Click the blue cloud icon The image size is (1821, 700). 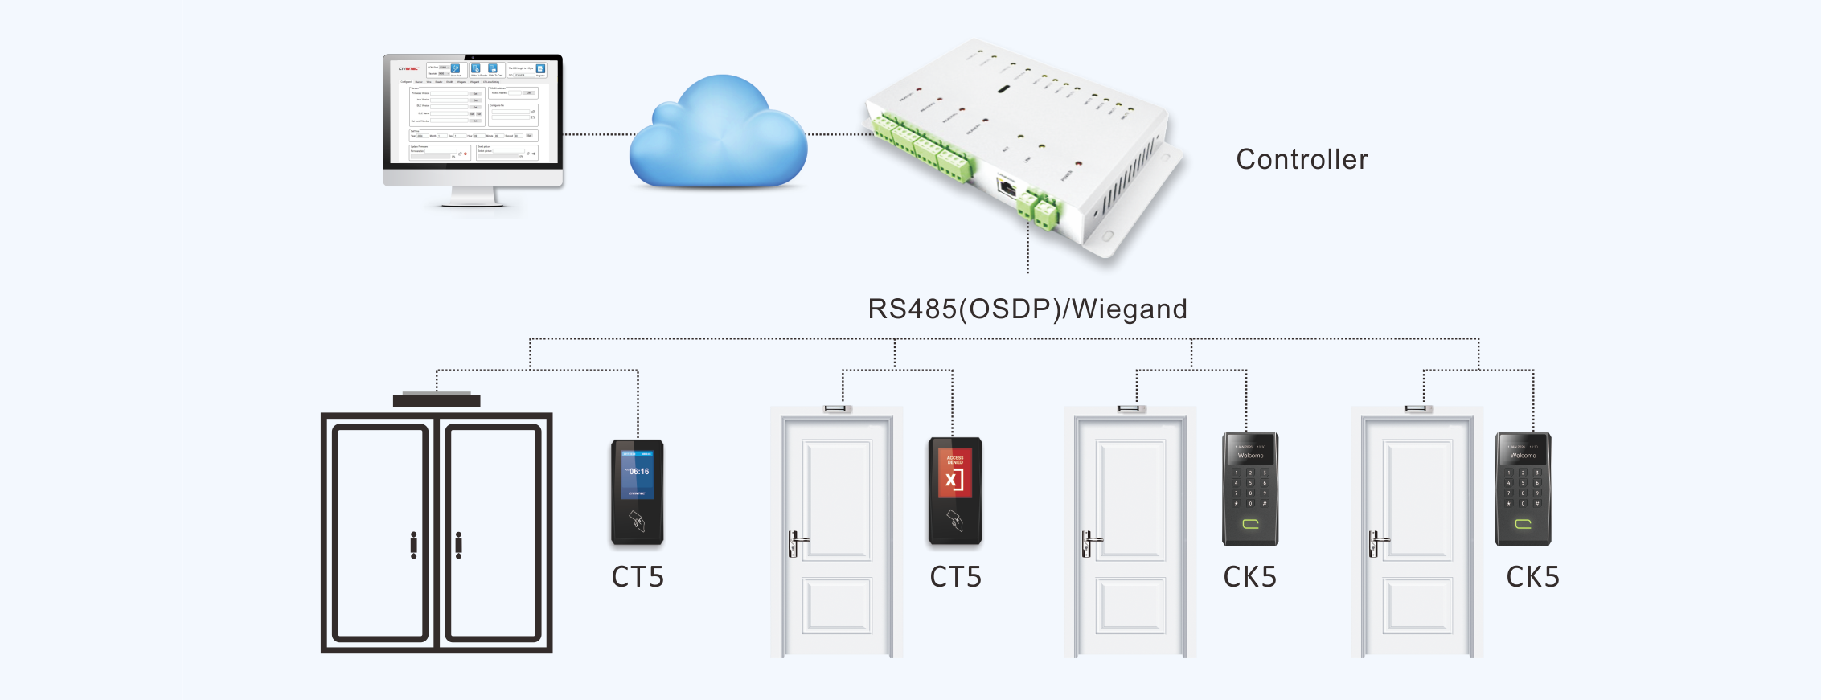click(718, 137)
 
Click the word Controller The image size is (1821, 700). click(1302, 159)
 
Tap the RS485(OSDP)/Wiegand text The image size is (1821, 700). click(1027, 309)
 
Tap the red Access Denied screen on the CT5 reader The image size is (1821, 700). click(955, 474)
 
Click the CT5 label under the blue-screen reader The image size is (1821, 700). click(638, 577)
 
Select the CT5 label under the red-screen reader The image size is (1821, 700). click(955, 577)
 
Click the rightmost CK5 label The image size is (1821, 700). click(1532, 577)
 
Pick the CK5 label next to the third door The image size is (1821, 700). click(1249, 577)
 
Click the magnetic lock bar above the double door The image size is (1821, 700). click(437, 399)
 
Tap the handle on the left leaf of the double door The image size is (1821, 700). click(413, 545)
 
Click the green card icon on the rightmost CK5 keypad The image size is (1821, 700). click(1523, 524)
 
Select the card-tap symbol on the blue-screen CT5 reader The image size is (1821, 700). click(637, 521)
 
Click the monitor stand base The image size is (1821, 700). click(473, 201)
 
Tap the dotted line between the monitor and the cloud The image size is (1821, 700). click(599, 134)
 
